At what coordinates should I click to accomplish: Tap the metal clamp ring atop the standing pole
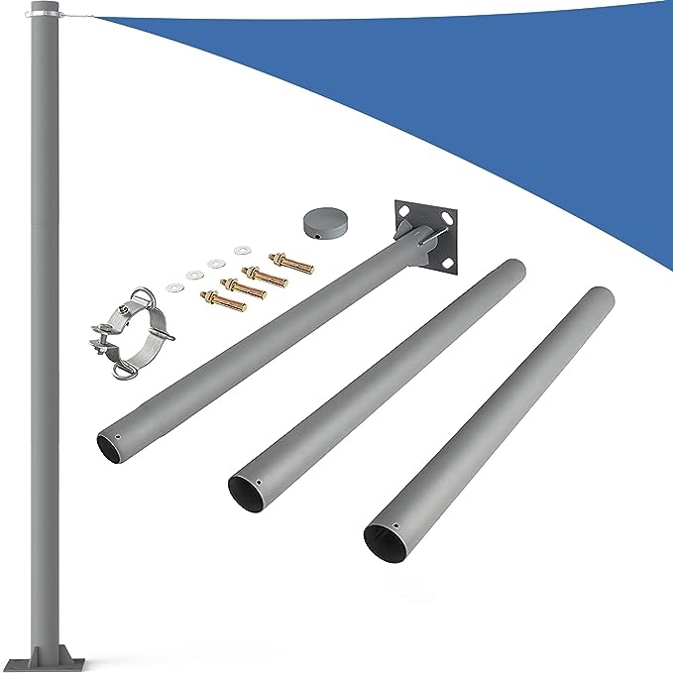44,13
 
